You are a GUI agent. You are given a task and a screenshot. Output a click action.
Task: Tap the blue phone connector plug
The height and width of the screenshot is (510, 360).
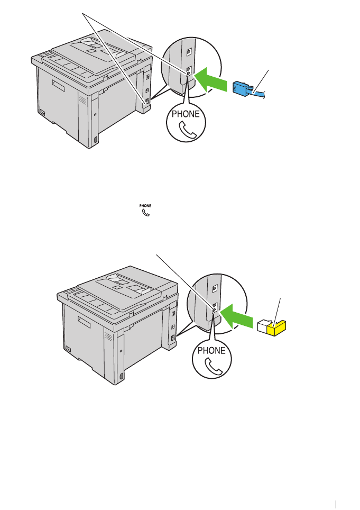[241, 88]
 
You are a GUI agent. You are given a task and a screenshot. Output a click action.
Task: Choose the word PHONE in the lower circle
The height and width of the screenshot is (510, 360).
[211, 351]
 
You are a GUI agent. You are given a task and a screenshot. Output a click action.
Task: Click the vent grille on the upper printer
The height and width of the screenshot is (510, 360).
[81, 100]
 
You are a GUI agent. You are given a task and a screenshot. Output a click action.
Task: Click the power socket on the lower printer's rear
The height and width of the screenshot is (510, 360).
[69, 349]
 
